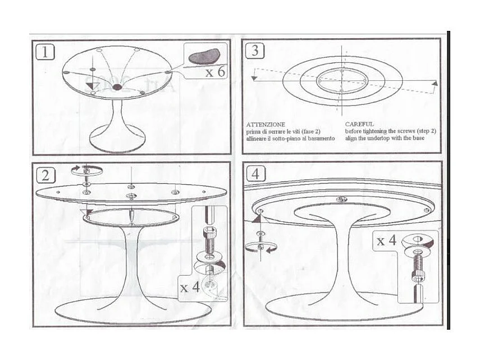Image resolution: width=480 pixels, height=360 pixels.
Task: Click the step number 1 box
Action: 45,52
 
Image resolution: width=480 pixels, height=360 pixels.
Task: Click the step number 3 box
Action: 255,51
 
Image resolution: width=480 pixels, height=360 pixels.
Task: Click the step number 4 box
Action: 256,174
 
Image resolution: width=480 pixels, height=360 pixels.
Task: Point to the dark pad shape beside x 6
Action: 204,56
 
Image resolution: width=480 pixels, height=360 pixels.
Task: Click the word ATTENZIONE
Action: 266,124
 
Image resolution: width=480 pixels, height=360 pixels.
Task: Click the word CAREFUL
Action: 359,124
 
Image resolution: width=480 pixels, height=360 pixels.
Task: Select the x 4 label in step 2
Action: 190,288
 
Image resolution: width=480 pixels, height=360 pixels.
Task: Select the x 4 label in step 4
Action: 387,241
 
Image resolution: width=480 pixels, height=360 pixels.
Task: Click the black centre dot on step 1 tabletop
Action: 117,88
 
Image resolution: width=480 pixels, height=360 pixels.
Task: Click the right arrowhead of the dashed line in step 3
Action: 435,83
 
